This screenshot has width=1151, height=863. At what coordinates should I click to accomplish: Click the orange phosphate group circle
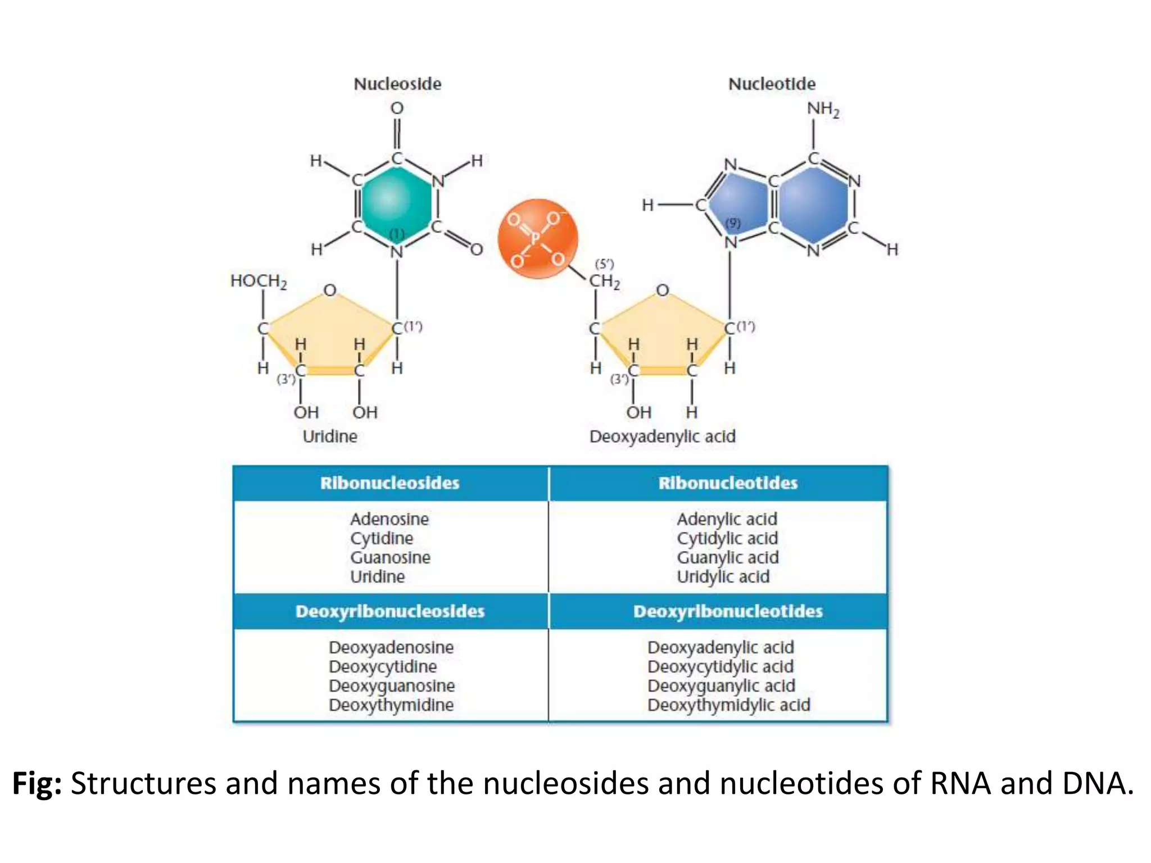[537, 239]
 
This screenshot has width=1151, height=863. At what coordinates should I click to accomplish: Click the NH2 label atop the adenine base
[823, 109]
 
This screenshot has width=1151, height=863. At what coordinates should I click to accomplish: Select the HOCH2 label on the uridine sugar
[259, 281]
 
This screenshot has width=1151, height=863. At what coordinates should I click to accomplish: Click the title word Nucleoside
[397, 84]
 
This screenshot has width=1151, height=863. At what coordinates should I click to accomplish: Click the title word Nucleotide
[772, 84]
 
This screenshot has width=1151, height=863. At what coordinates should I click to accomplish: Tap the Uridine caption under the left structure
[330, 437]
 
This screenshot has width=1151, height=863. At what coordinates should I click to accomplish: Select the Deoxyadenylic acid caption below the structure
[662, 437]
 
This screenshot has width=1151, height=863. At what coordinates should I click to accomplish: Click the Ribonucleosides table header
[390, 483]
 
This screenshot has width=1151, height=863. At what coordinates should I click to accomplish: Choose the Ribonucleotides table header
[728, 483]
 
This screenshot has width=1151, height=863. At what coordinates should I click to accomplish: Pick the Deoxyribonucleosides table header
[390, 611]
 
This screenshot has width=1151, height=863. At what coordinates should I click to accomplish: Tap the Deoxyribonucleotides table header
[728, 611]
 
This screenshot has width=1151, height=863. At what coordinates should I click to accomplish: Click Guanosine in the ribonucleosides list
[390, 557]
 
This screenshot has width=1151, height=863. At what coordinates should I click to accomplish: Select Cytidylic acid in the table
[727, 538]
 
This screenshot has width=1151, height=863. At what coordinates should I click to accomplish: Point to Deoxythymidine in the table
[391, 705]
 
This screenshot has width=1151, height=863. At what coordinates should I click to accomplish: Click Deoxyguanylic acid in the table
[721, 686]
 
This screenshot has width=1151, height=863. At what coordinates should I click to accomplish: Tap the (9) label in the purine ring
[733, 224]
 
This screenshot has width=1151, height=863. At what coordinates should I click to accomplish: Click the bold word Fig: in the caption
[37, 783]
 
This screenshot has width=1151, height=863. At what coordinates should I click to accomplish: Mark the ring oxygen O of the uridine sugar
[330, 290]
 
